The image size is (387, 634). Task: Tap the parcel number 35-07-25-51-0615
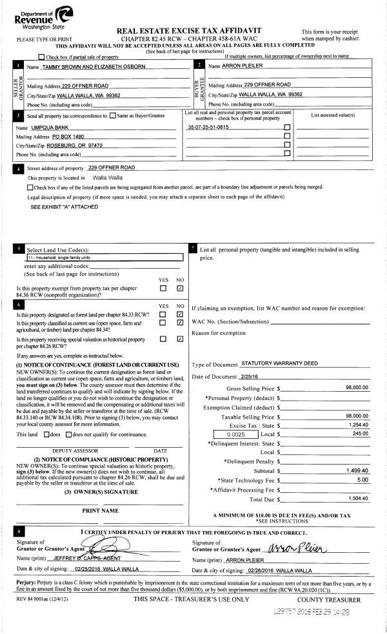pyautogui.click(x=208, y=128)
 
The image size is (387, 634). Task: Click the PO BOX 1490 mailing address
pyautogui.click(x=68, y=137)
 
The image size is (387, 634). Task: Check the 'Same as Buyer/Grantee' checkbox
pyautogui.click(x=113, y=115)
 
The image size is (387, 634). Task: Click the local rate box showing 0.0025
pyautogui.click(x=235, y=435)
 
